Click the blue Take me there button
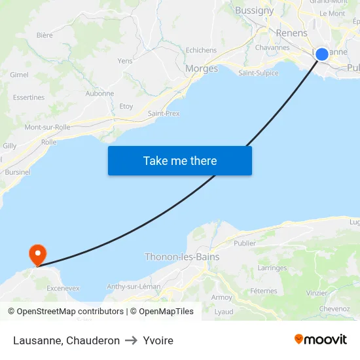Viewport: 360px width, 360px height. [x=180, y=161]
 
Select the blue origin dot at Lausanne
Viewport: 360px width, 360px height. [x=322, y=54]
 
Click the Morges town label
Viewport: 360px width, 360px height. [x=202, y=69]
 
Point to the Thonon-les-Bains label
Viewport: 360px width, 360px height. [x=182, y=257]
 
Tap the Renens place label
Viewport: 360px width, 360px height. [x=291, y=33]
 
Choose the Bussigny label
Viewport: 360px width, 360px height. [x=254, y=10]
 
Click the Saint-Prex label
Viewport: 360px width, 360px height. [x=164, y=114]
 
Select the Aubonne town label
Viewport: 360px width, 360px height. [x=99, y=94]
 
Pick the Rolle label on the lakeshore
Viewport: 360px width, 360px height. [x=49, y=142]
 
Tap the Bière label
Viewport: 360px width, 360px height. [x=45, y=35]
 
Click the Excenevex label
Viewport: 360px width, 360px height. [x=63, y=288]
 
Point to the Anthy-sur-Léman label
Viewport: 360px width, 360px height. [x=134, y=286]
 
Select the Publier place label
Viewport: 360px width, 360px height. [x=245, y=243]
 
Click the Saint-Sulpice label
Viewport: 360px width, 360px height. [x=258, y=73]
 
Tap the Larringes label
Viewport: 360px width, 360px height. [x=272, y=268]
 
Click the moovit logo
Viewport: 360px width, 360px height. [x=320, y=340]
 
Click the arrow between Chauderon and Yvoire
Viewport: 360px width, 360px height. [x=131, y=340]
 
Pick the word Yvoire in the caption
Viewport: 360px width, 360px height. [x=158, y=340]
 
